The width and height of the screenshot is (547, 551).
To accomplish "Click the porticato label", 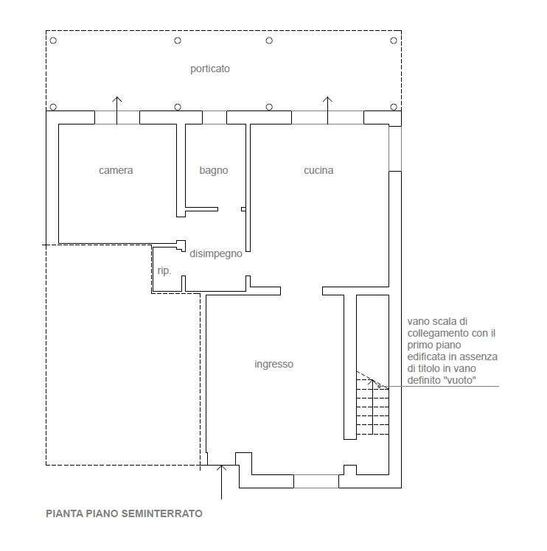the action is click(x=210, y=69).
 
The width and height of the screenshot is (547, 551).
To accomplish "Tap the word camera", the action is click(x=116, y=170).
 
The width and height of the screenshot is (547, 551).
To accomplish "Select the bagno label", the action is click(x=214, y=171).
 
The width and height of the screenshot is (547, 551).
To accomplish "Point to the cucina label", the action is click(x=318, y=170).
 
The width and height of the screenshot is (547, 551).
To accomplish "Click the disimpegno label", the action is click(x=216, y=253).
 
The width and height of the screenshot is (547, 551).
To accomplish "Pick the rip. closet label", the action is click(x=164, y=271).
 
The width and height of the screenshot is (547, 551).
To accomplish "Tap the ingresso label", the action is click(x=273, y=364).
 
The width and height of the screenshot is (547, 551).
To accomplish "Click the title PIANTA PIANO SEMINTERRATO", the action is click(x=124, y=513).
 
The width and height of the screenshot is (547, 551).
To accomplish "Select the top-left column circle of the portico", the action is click(x=53, y=41).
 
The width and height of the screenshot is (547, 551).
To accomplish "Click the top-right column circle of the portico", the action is click(x=394, y=41).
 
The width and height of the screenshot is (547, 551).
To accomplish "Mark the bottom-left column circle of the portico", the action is click(x=53, y=107).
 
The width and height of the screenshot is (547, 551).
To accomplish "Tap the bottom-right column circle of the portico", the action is click(x=394, y=107).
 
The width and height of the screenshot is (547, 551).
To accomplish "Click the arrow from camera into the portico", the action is click(x=116, y=110).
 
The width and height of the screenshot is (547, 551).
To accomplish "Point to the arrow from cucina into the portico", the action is click(x=327, y=110).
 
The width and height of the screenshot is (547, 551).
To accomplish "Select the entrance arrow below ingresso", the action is click(x=221, y=482).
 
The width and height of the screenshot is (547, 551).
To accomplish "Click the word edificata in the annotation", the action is click(x=426, y=357).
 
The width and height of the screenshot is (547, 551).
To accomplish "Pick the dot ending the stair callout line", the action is click(x=379, y=386).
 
